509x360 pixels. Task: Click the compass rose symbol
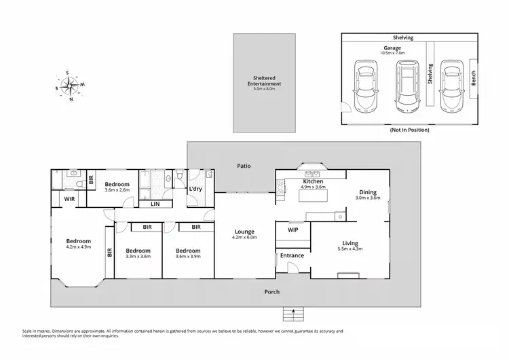[69, 86]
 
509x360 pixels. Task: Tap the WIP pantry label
[293, 230]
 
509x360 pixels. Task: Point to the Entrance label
[292, 255]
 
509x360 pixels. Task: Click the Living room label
[350, 243]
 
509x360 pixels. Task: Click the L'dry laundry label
[196, 188]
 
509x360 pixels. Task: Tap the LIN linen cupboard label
[155, 203]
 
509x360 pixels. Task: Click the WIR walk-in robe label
[69, 199]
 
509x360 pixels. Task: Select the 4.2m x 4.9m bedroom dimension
[77, 248]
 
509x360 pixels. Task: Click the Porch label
[272, 292]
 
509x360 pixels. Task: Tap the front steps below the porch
[293, 314]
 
